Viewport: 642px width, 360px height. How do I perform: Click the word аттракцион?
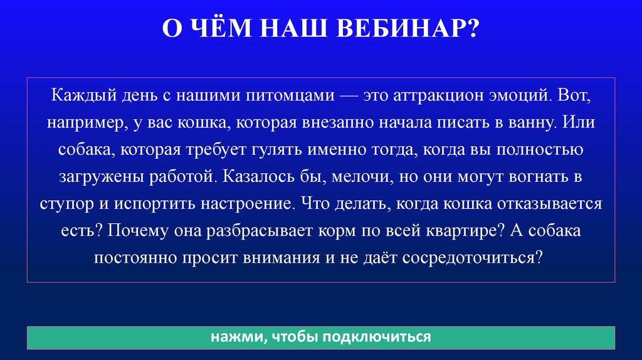[x=438, y=97]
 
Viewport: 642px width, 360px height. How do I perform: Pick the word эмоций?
[x=519, y=97]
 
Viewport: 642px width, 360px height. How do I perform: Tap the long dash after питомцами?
[x=352, y=97]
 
